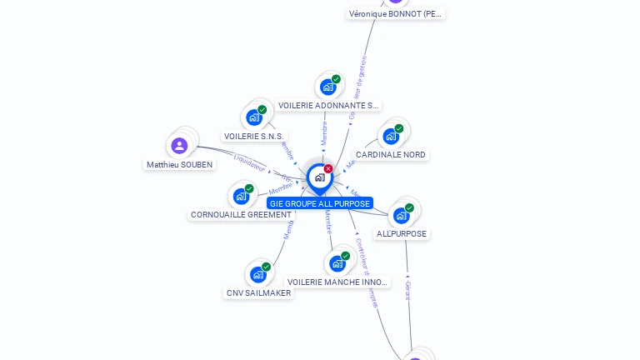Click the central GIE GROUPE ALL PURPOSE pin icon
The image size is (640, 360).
319,177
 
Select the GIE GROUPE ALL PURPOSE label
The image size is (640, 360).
320,203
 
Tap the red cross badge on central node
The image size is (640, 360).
328,168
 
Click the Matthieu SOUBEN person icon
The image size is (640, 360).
179,146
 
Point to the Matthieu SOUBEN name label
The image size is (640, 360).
180,165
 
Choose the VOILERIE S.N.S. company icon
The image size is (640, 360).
254,117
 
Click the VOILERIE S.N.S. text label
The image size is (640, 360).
254,136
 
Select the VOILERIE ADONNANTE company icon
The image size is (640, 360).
327,87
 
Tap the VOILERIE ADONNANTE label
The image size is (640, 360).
328,106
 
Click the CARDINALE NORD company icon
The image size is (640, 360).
390,136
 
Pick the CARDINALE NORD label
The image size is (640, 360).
391,155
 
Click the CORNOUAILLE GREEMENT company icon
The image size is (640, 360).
241,196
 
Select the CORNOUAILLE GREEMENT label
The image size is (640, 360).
241,215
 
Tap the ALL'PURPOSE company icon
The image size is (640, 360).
401,215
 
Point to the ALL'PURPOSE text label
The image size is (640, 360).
402,234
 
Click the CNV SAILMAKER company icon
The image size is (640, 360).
258,274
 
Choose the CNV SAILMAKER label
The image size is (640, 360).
259,293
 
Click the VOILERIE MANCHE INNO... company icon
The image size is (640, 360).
337,263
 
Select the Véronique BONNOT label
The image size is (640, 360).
396,14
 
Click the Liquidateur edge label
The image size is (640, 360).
249,163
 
